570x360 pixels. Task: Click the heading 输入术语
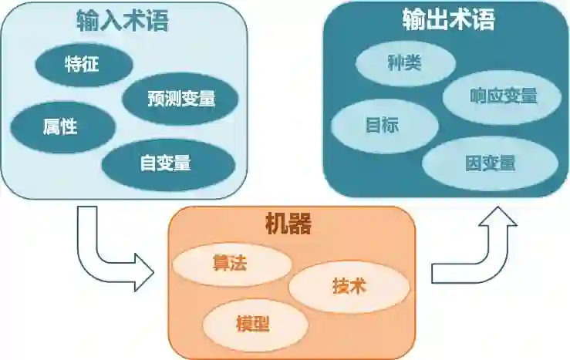pyautogui.click(x=123, y=21)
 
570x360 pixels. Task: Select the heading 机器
pyautogui.click(x=288, y=225)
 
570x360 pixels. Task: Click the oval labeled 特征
pyautogui.click(x=82, y=64)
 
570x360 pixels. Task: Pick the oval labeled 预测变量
pyautogui.click(x=180, y=98)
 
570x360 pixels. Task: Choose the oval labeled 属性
pyautogui.click(x=60, y=126)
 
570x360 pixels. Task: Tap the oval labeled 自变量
pyautogui.click(x=166, y=163)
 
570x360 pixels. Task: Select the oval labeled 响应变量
pyautogui.click(x=503, y=96)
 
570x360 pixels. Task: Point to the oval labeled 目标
pyautogui.click(x=382, y=125)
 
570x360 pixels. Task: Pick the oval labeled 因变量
pyautogui.click(x=490, y=163)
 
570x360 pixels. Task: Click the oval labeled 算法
pyautogui.click(x=230, y=263)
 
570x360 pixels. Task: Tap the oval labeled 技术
pyautogui.click(x=349, y=286)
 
